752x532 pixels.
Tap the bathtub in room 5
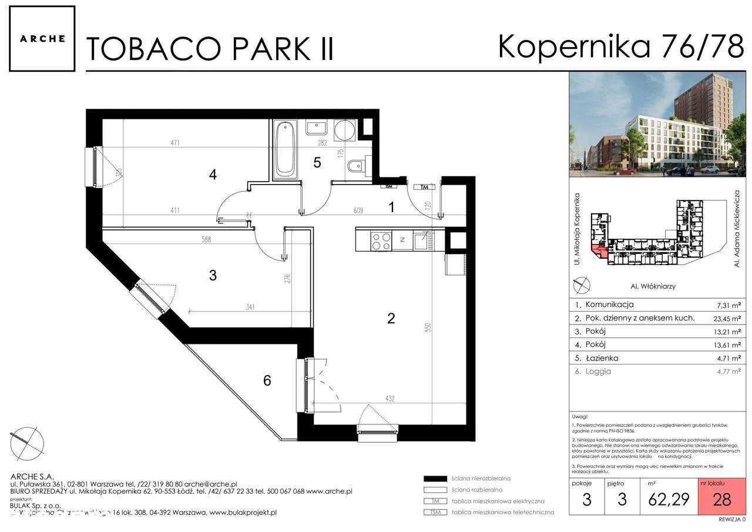coord(285,149)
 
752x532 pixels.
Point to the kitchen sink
coord(422,239)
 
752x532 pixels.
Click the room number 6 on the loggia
coord(267,381)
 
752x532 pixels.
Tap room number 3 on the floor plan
coord(213,275)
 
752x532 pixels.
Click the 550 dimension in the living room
coord(428,327)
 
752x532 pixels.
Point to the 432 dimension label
coord(390,399)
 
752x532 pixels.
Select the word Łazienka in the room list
coord(601,358)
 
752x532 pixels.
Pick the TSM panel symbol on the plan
coord(388,186)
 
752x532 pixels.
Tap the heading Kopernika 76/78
coord(620,47)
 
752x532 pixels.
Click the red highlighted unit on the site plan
coord(599,252)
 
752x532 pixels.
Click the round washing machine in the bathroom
coord(344,130)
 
